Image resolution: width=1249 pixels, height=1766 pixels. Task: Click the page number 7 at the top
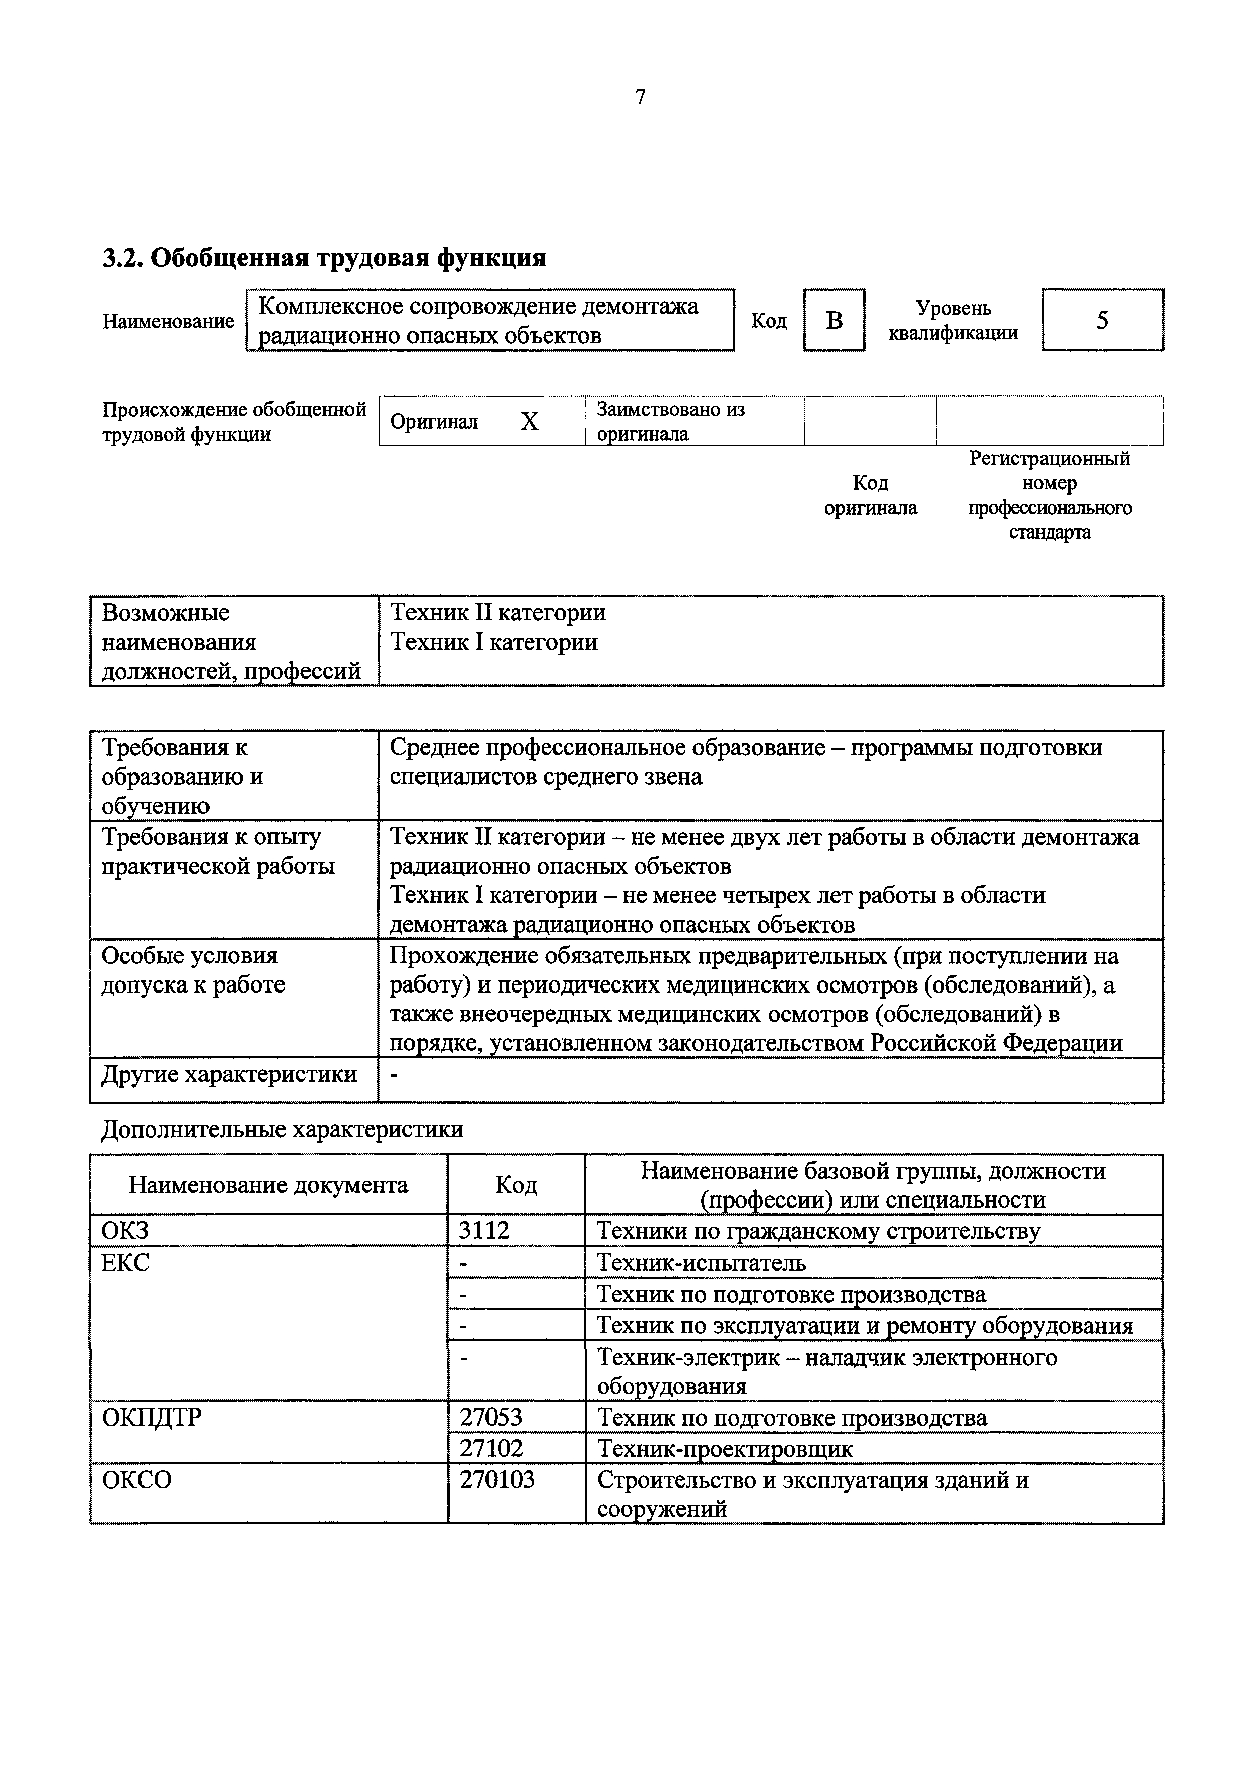click(x=640, y=97)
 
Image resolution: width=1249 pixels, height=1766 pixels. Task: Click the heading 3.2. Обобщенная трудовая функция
click(x=324, y=258)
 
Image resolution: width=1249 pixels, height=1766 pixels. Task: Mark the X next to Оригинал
click(x=529, y=421)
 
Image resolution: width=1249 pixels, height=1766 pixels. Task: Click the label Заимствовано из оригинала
click(x=671, y=421)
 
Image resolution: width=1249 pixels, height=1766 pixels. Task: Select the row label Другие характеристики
click(x=229, y=1074)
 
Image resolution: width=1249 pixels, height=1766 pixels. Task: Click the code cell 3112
click(x=484, y=1231)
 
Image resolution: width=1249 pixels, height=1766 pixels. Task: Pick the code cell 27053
click(x=491, y=1417)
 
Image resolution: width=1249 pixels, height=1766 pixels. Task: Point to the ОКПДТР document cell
click(x=152, y=1417)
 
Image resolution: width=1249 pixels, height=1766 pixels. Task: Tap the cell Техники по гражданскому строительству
click(x=818, y=1231)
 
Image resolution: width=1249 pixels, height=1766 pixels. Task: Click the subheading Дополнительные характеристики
click(x=282, y=1129)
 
